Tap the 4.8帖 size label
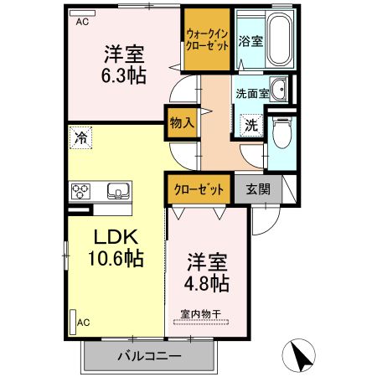206,283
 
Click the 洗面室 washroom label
251,94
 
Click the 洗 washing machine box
251,124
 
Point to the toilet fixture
281,130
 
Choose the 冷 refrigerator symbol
81,136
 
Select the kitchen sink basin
117,193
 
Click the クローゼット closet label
199,189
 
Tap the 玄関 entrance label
257,189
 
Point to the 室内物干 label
199,315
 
